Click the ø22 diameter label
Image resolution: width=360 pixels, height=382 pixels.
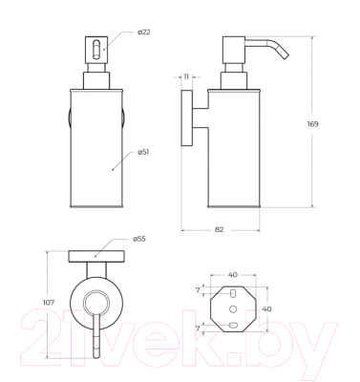(x=144, y=32)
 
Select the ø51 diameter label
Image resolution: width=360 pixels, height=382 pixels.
(x=143, y=152)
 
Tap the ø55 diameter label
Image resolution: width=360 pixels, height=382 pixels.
(x=139, y=239)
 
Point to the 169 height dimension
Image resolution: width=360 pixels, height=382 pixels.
(x=312, y=124)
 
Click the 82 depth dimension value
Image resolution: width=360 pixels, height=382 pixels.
(x=219, y=229)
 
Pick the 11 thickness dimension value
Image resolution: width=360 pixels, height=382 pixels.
(x=186, y=76)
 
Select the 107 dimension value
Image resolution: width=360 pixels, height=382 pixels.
(x=49, y=303)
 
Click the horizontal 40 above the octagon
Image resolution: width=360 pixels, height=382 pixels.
(x=233, y=274)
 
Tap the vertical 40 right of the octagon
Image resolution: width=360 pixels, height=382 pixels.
(x=266, y=308)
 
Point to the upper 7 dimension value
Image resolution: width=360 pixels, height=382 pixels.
(x=198, y=290)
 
